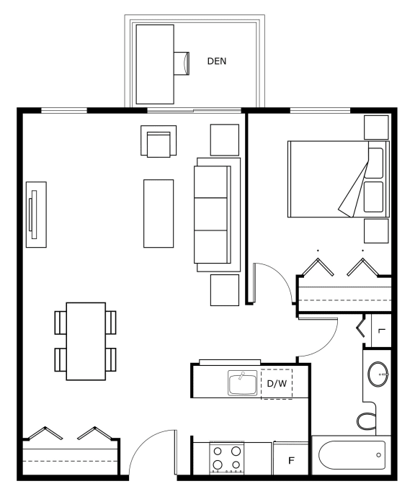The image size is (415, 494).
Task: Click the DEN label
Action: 216,61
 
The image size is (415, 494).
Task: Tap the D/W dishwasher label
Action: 277,383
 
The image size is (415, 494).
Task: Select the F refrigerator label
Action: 291,460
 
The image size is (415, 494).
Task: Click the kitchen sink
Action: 242,383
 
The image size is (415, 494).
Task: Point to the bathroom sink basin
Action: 378,374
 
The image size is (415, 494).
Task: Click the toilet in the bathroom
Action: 367,421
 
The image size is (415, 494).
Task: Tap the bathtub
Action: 352,455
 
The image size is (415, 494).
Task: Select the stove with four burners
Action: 226,458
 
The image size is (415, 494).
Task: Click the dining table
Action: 86,341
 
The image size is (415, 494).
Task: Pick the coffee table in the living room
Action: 159,213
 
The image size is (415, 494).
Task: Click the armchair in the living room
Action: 159,141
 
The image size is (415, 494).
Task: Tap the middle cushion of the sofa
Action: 210,215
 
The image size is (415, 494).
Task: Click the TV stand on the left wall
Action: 36,215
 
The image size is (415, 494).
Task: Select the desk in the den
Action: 155,64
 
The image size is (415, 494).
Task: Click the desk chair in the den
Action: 182,63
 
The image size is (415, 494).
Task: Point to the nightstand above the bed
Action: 376,127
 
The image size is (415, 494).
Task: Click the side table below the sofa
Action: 225,290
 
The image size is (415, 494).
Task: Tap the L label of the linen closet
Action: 382,331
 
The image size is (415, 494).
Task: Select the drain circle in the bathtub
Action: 378,455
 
